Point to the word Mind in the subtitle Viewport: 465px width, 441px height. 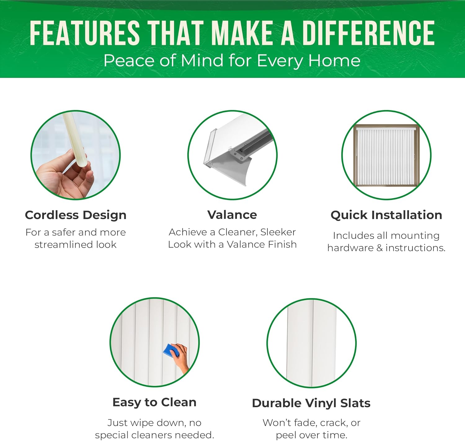[202, 60]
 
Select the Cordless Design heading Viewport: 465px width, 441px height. [76, 215]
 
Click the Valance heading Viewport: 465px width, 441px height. [232, 215]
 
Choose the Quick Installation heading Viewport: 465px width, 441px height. [386, 215]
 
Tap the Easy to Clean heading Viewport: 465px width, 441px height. [154, 402]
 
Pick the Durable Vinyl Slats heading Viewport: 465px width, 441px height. [311, 403]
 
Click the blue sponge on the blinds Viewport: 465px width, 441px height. [171, 351]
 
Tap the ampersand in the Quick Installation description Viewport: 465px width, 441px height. [379, 248]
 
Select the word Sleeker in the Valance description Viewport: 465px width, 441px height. [278, 232]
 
